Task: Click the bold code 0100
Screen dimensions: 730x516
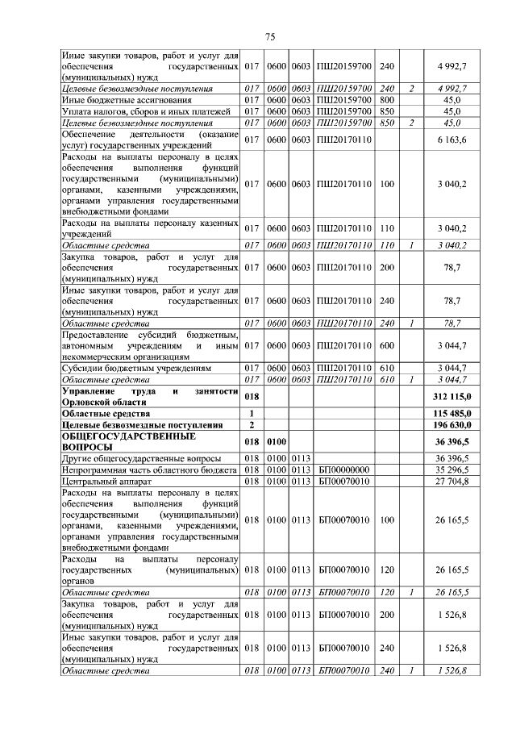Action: tap(277, 440)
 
